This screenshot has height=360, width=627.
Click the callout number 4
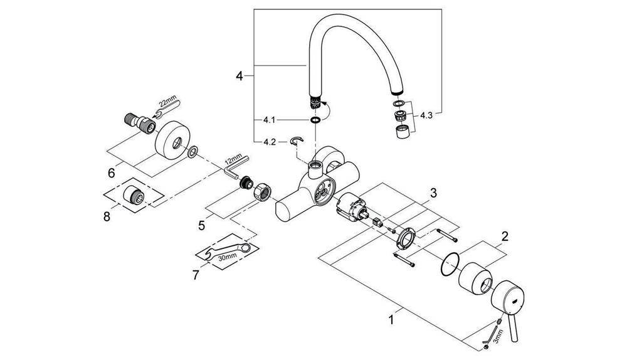[239, 76]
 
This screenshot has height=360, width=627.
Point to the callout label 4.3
[427, 115]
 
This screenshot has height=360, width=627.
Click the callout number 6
[112, 170]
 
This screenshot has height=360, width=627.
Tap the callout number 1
[391, 319]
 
